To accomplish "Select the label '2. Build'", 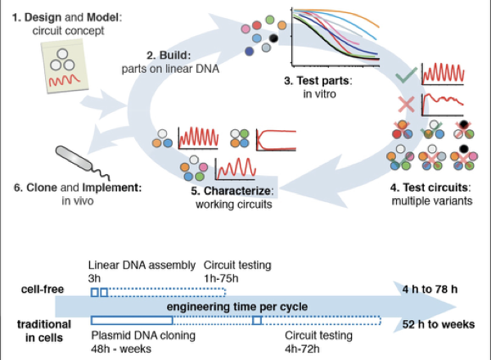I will point(169,55).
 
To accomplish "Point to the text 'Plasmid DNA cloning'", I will point(136,335).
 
